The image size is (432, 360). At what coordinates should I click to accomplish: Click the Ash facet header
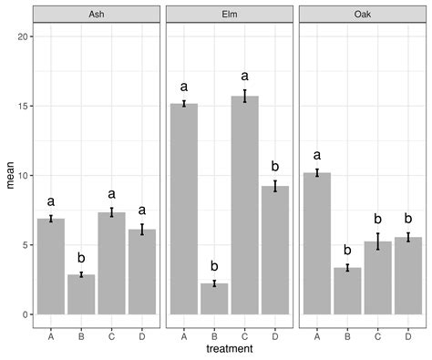coord(96,15)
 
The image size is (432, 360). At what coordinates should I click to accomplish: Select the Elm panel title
coord(229,15)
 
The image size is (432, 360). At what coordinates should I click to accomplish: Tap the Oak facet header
coord(362,15)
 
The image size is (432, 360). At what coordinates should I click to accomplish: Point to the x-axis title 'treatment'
coord(229,348)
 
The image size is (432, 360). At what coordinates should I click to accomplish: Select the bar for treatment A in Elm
coord(184,210)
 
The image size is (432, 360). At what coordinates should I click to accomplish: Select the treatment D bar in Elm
coord(274,251)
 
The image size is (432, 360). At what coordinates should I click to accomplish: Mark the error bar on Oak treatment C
coord(377,242)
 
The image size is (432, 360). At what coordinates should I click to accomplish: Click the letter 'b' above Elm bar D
coord(274,167)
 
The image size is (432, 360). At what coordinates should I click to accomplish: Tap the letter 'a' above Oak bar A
coord(317,154)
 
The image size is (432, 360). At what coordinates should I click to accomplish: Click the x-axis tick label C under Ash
coord(111,334)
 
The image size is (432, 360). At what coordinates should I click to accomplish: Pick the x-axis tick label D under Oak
coord(407,334)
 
